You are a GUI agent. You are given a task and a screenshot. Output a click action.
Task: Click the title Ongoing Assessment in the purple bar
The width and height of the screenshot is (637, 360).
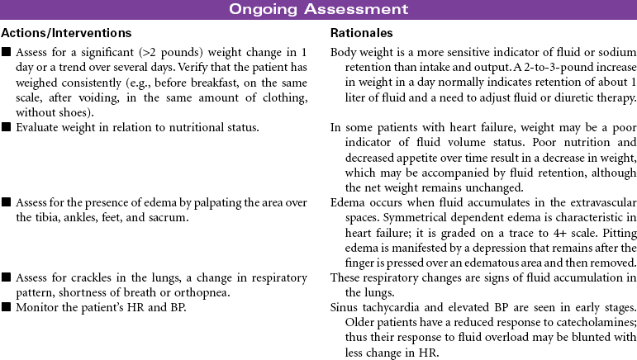point(318,10)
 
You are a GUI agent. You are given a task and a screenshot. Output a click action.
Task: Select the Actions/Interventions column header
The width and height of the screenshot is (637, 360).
point(66,33)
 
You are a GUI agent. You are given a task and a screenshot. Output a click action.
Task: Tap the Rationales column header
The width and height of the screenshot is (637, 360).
point(361,33)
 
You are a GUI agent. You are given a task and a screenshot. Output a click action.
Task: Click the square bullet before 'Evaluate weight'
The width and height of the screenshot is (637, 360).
point(7,127)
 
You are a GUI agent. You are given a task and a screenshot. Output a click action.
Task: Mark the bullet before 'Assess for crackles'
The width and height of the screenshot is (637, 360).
point(7,277)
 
